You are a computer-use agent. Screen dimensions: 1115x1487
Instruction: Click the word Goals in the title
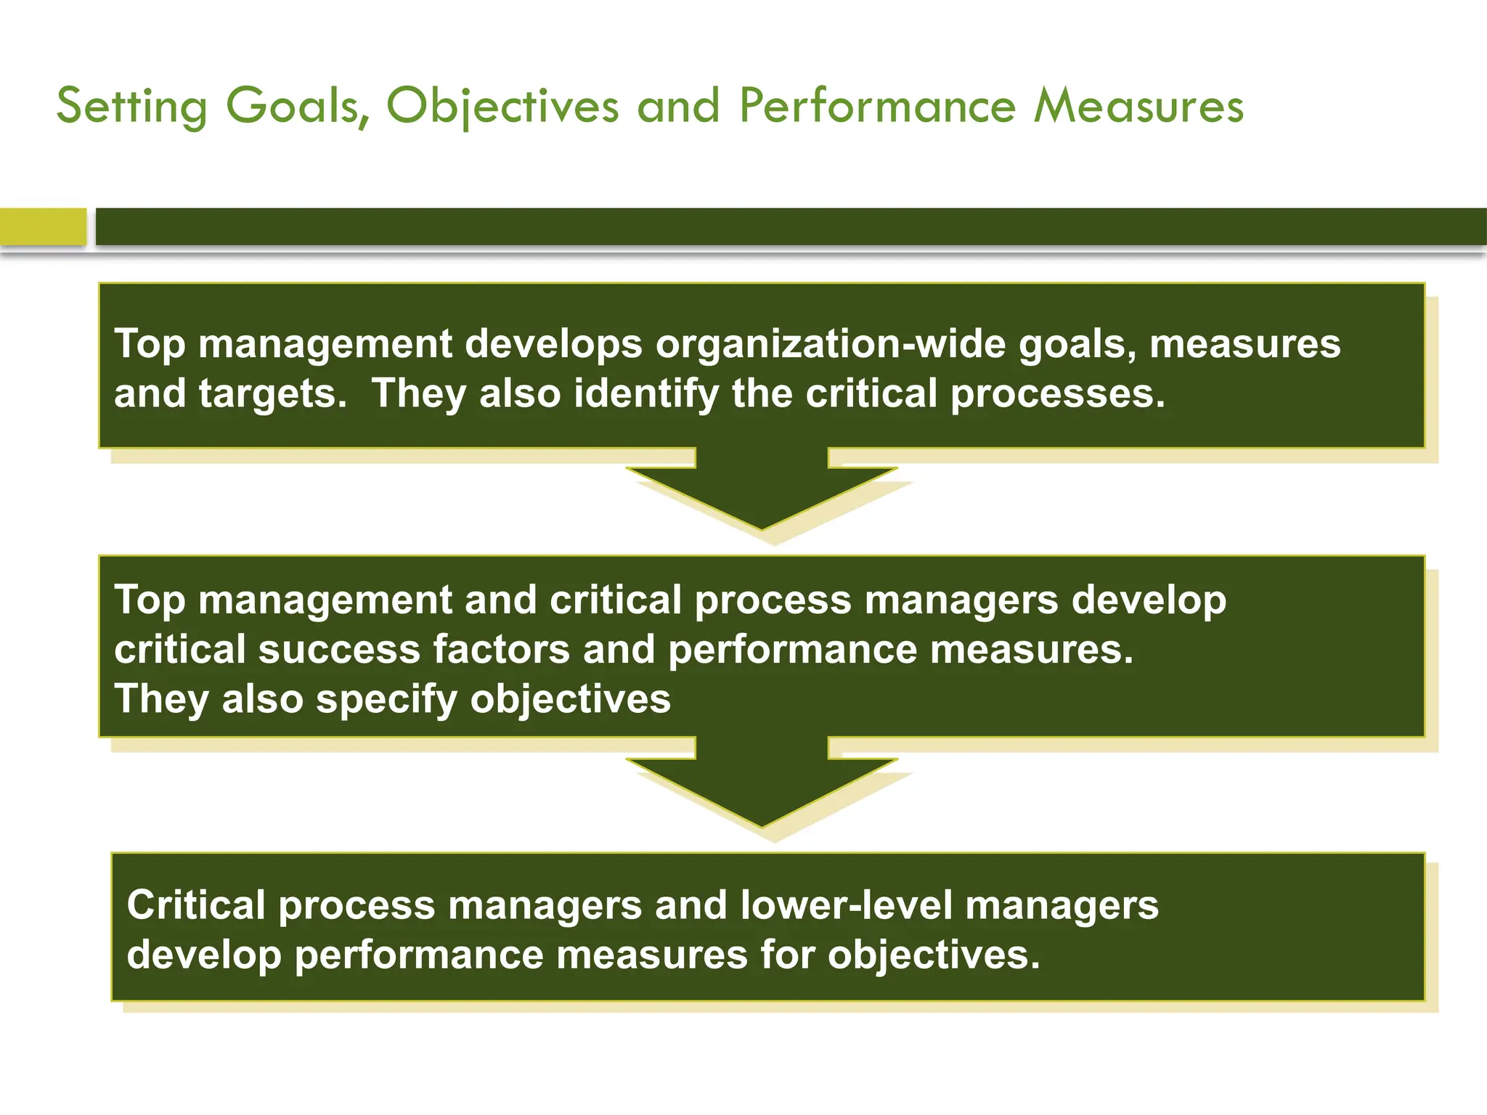[x=296, y=106]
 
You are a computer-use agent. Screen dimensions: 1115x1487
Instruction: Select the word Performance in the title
[x=877, y=106]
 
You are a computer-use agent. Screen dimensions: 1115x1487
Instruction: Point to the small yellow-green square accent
[x=43, y=226]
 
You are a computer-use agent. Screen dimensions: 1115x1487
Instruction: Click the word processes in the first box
[x=1057, y=394]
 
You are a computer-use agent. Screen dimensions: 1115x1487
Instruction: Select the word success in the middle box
[x=339, y=649]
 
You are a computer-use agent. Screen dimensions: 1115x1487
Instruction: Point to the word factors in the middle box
[x=502, y=649]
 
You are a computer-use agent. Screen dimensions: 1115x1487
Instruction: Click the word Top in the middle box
[x=150, y=600]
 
